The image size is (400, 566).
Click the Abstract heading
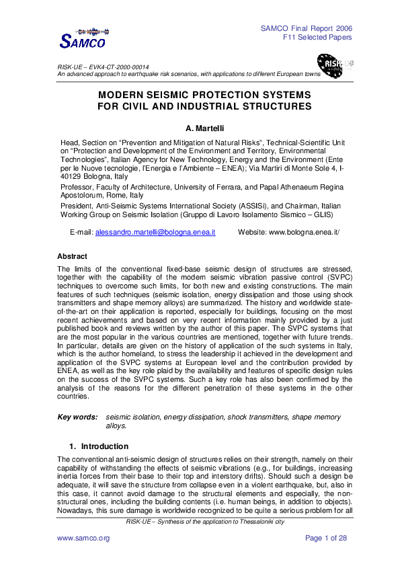(x=72, y=256)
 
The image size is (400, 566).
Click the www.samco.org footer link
(x=83, y=538)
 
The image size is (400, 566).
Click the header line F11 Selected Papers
(x=317, y=37)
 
